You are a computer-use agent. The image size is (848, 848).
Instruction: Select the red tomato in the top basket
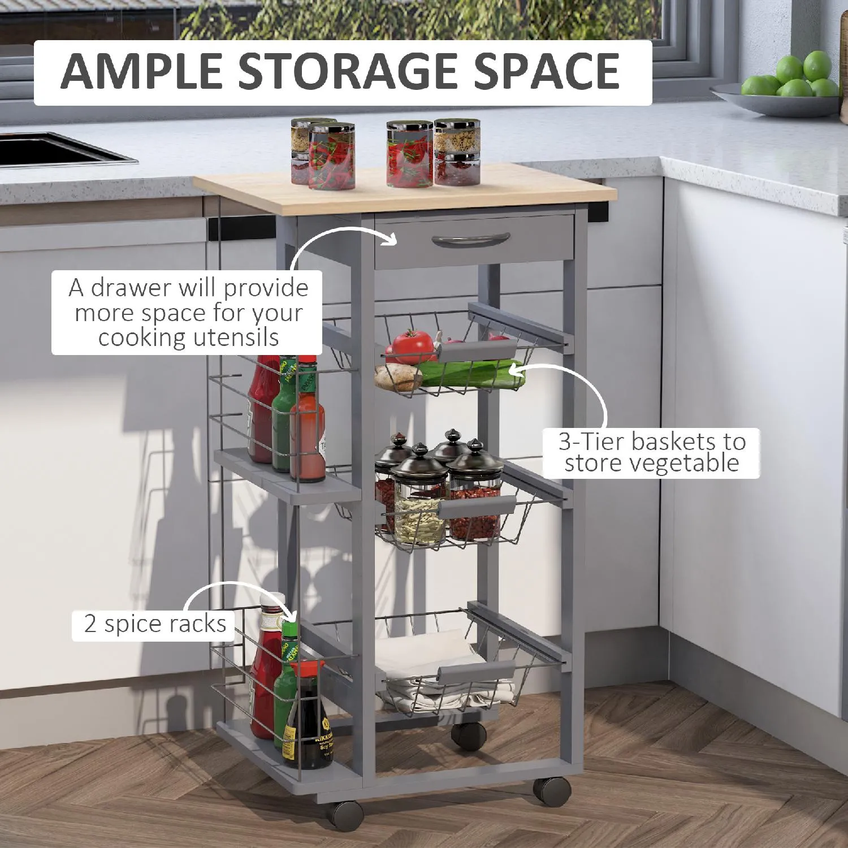(x=412, y=346)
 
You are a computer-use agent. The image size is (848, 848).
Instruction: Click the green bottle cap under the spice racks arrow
(x=289, y=629)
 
